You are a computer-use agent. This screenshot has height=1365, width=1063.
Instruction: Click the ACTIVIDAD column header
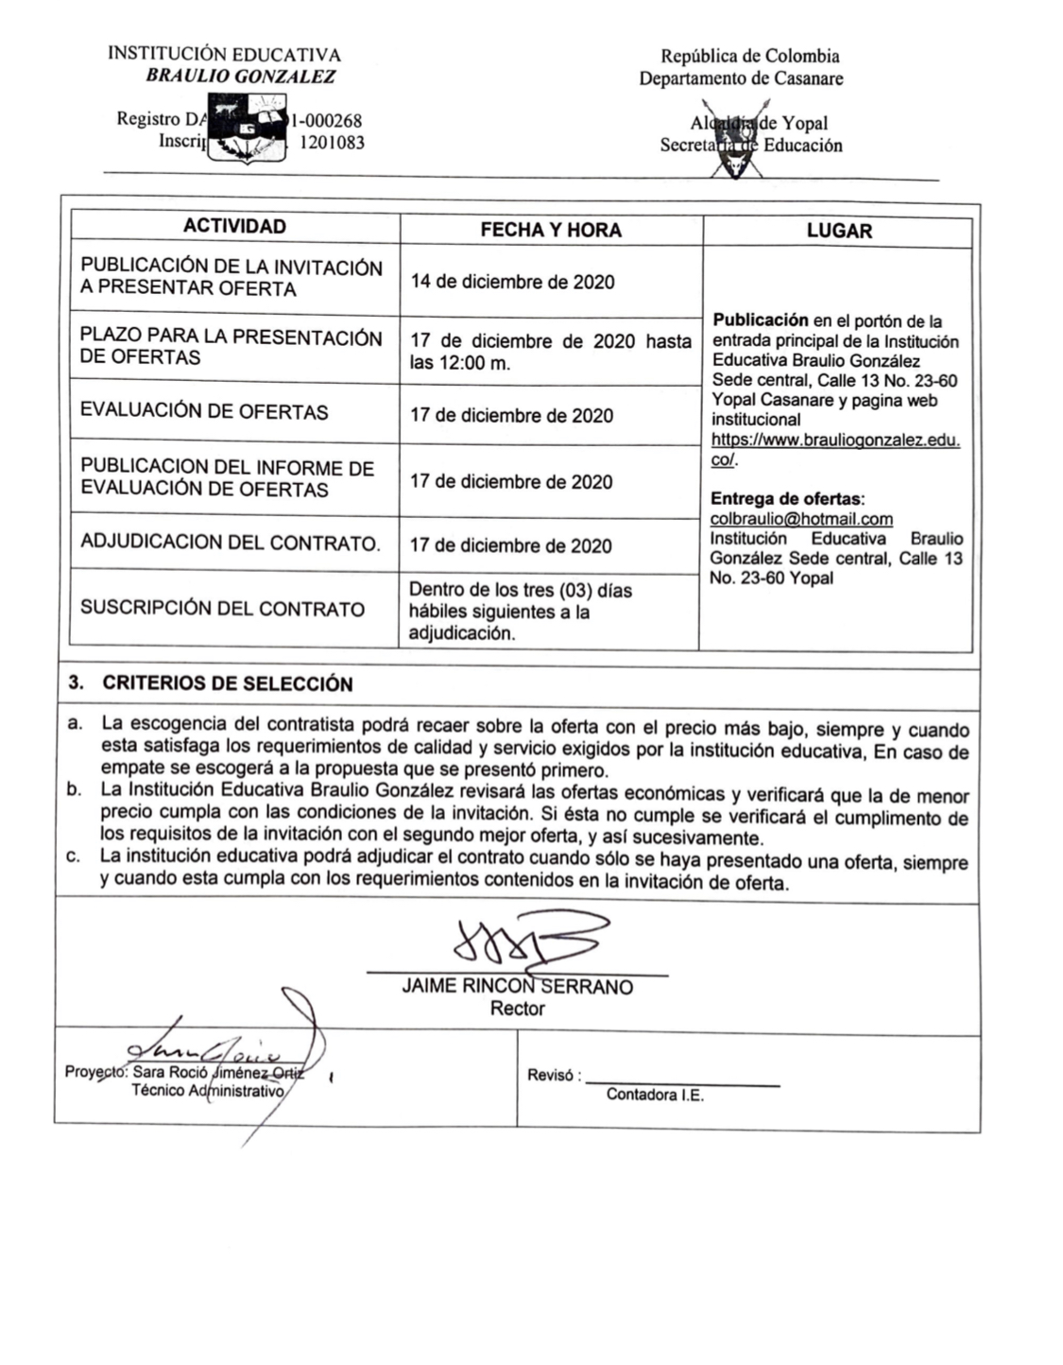pyautogui.click(x=234, y=227)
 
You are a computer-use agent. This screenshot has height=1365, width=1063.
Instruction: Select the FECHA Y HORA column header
pyautogui.click(x=551, y=230)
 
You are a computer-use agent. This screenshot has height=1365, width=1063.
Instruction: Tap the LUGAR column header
pyautogui.click(x=839, y=231)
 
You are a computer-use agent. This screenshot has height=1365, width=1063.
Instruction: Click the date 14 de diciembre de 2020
pyautogui.click(x=512, y=282)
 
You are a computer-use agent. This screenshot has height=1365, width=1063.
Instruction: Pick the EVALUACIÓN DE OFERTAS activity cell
pyautogui.click(x=204, y=412)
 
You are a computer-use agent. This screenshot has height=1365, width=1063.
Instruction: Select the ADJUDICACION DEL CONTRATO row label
pyautogui.click(x=230, y=543)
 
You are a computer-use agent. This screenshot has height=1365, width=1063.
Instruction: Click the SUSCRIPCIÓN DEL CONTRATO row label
pyautogui.click(x=222, y=608)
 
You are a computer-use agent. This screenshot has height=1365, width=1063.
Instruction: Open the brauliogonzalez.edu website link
pyautogui.click(x=835, y=441)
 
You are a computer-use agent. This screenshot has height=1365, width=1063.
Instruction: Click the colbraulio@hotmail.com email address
pyautogui.click(x=801, y=519)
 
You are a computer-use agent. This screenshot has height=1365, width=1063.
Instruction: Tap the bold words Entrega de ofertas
pyautogui.click(x=787, y=499)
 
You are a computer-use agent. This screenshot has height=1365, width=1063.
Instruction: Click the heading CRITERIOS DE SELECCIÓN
pyautogui.click(x=228, y=683)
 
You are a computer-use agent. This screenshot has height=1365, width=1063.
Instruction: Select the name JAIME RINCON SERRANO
pyautogui.click(x=517, y=987)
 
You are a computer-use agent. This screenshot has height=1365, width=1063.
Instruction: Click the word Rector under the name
pyautogui.click(x=517, y=1009)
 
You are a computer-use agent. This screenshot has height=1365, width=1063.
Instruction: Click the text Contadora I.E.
pyautogui.click(x=655, y=1096)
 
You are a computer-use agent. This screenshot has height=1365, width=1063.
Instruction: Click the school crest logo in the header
pyautogui.click(x=247, y=133)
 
